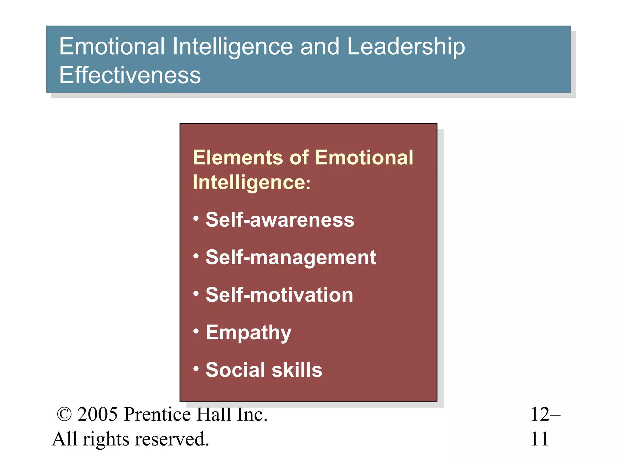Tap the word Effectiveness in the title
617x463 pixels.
130,75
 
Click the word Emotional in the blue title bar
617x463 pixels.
112,47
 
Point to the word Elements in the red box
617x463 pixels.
238,158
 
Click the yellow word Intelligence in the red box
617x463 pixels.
249,183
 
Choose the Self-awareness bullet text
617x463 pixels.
280,220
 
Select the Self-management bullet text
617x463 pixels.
291,258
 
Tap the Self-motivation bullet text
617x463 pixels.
279,295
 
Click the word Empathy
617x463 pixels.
249,333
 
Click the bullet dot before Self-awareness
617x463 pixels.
196,218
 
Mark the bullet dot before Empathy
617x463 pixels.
196,331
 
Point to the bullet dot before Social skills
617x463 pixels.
196,368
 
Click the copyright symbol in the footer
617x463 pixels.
64,414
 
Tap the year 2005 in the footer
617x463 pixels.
97,414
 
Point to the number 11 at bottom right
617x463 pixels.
539,439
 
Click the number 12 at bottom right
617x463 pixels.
540,414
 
